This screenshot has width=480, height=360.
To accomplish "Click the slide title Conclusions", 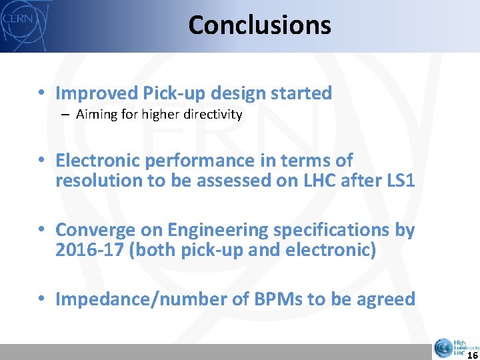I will coord(259,25).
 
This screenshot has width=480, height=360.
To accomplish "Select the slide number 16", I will coord(472,355).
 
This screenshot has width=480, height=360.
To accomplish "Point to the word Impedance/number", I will coord(121,299).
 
